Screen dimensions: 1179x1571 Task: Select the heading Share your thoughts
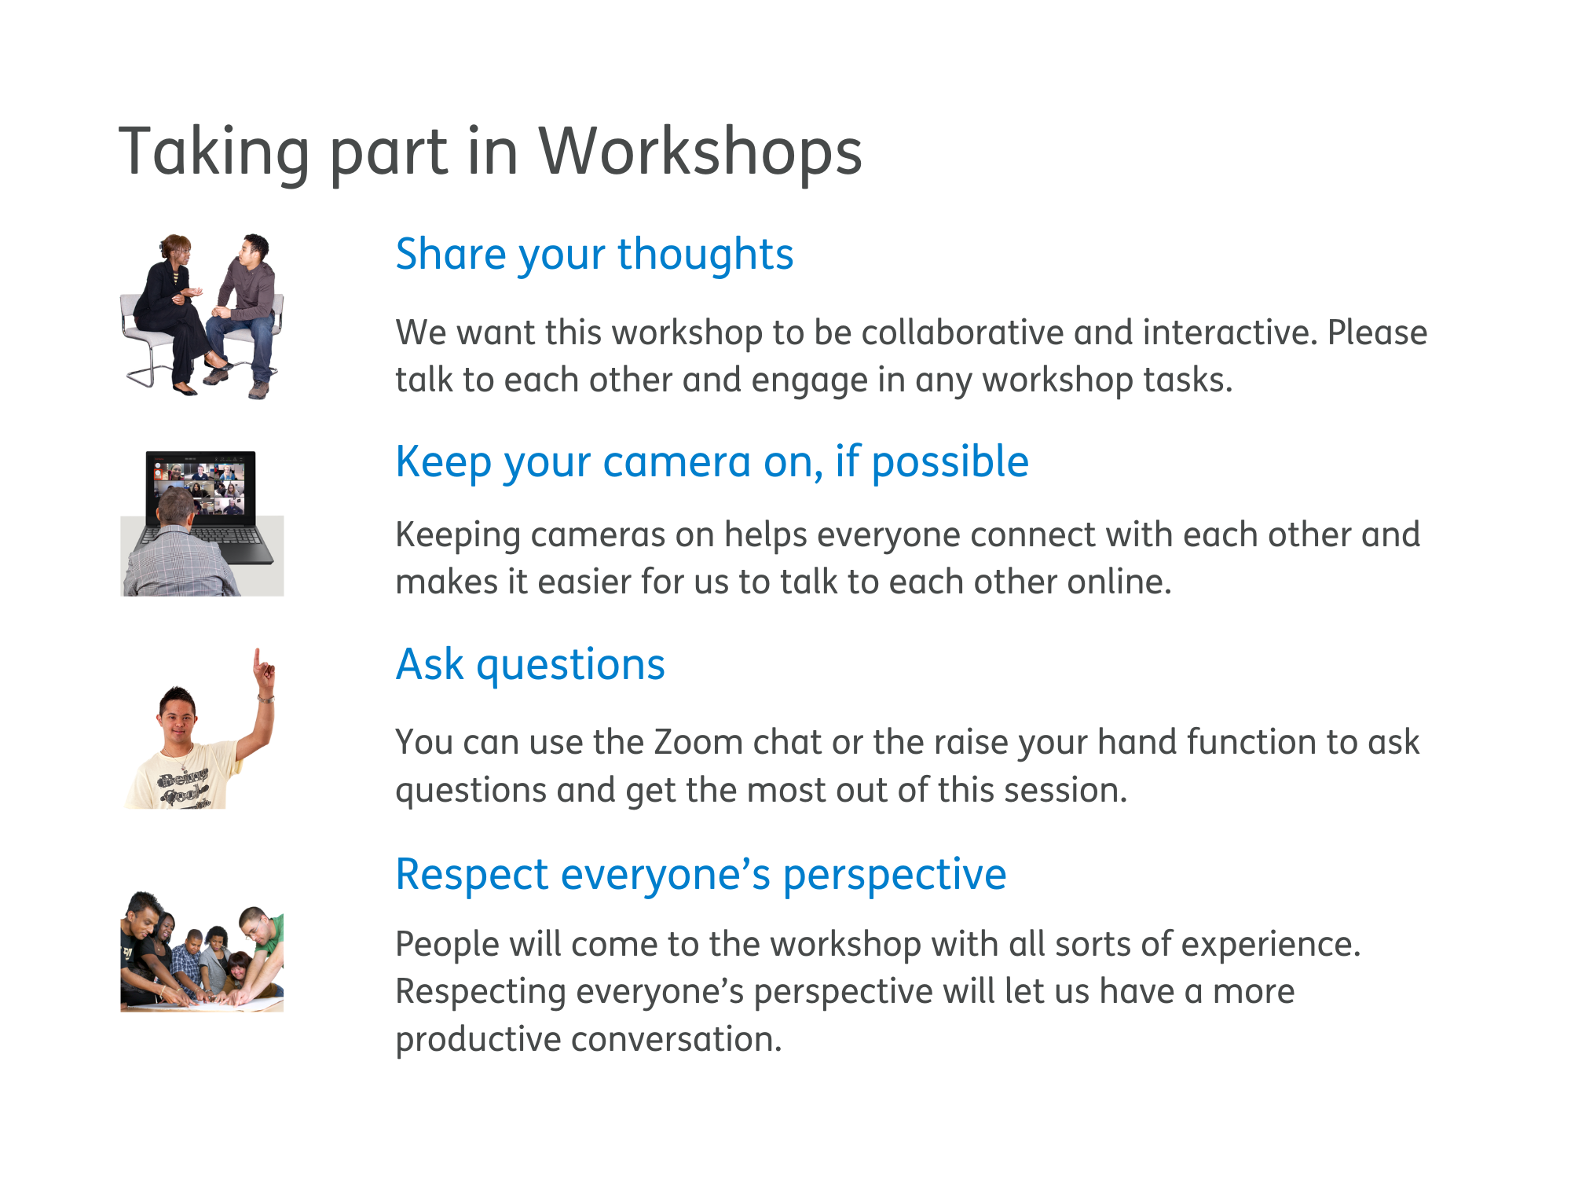(x=594, y=255)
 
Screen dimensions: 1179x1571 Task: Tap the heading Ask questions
(x=530, y=665)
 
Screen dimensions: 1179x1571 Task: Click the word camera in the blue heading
(x=676, y=462)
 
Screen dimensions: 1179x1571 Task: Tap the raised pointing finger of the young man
(x=258, y=660)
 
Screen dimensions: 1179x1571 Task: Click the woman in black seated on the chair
(x=169, y=307)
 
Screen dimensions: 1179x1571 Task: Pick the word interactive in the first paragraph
(x=1229, y=332)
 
